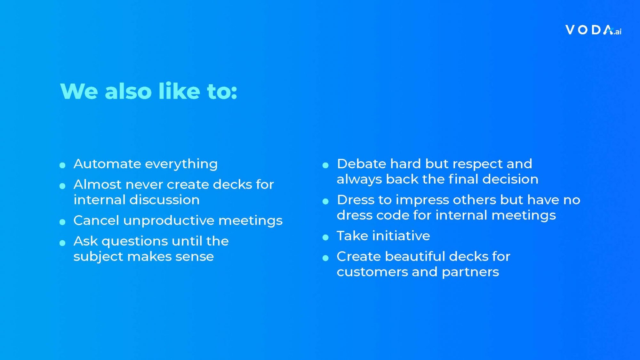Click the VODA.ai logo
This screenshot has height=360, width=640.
593,30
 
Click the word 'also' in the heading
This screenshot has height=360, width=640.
128,91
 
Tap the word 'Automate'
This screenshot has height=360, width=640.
107,164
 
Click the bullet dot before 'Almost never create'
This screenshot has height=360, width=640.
62,186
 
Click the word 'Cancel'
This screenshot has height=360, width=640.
96,220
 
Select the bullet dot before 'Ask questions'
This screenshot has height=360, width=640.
62,243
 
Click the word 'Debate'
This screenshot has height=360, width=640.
361,164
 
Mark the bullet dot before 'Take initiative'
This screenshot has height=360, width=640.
325,237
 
